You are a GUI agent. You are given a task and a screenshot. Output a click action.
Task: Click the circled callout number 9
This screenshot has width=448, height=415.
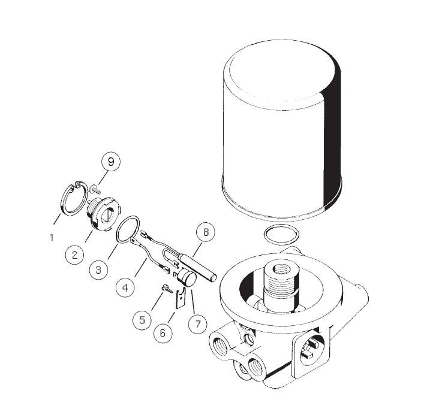[111, 162]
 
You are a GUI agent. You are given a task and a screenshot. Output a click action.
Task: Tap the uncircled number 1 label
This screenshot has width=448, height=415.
[52, 238]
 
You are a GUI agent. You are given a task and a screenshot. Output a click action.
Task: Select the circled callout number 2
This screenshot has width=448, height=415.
[74, 255]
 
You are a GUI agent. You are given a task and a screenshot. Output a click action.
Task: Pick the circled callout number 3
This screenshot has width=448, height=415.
[98, 269]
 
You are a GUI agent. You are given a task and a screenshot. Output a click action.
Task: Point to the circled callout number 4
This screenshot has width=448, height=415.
[125, 288]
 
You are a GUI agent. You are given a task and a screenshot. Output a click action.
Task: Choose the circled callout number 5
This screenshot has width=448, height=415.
[142, 320]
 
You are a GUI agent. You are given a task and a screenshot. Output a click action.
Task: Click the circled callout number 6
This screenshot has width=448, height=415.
[163, 333]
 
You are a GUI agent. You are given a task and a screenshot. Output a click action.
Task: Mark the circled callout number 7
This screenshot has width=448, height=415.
[198, 324]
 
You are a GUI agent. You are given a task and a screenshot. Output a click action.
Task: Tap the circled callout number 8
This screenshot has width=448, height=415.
[206, 232]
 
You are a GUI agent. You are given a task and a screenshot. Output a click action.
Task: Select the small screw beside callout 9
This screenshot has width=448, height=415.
[95, 189]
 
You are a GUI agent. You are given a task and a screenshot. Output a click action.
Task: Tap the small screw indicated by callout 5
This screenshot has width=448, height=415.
[167, 289]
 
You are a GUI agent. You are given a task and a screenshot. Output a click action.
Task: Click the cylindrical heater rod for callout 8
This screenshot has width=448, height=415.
[197, 266]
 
